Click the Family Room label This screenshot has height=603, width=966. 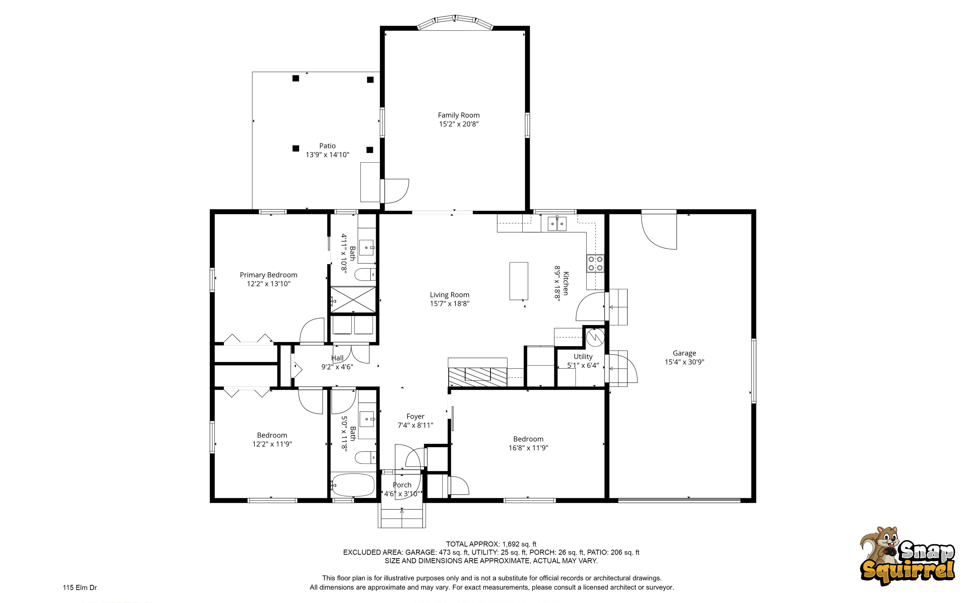[x=459, y=115]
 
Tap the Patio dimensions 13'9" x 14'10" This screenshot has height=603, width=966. [x=328, y=155]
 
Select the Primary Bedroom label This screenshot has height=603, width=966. [x=269, y=275]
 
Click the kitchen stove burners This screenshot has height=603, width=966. [x=595, y=263]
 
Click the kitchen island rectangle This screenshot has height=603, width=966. [x=519, y=281]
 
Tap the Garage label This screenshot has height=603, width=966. [x=684, y=353]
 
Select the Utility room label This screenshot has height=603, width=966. [x=583, y=357]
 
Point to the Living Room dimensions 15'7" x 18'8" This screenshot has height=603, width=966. [x=450, y=304]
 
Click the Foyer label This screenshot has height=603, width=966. [x=415, y=416]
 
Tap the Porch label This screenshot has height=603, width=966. [x=402, y=485]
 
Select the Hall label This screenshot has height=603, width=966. [x=337, y=358]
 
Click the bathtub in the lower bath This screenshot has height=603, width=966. [x=353, y=485]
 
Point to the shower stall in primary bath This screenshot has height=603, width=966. [x=353, y=299]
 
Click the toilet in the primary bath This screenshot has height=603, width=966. [x=365, y=275]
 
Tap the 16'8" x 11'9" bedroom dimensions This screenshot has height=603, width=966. [x=528, y=448]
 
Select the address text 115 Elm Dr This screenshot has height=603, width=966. [x=80, y=588]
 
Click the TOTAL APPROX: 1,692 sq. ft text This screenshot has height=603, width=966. [x=491, y=544]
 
